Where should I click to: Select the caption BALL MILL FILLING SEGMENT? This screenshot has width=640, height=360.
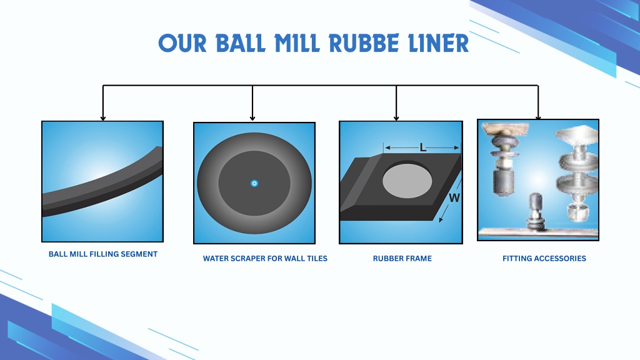coord(103,254)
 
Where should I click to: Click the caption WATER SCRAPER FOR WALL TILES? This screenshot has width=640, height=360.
coord(265,258)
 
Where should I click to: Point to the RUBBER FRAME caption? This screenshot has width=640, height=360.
coord(402,258)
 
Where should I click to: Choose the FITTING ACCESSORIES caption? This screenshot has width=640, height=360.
coord(544,258)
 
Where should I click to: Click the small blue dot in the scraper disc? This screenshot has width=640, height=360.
coord(254,183)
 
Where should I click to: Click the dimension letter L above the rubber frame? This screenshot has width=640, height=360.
coord(423,147)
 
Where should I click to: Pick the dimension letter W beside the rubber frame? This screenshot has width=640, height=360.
coord(454,198)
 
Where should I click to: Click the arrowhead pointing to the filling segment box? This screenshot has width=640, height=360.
coord(103,118)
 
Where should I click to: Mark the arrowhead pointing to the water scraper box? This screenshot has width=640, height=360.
coord(252,118)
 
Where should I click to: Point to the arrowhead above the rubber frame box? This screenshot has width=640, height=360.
coord(396,118)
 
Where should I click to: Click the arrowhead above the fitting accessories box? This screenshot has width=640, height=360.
coord(538,117)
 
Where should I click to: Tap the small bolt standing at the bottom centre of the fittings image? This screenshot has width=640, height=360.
coord(536,211)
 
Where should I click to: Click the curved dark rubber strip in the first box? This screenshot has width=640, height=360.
coord(102,183)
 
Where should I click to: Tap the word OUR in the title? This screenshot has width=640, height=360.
coord(182,43)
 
